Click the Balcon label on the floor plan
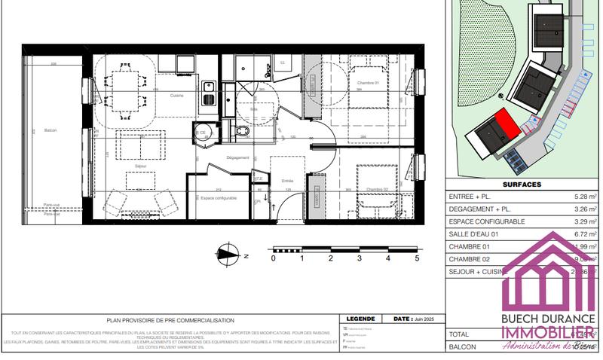pyautogui.click(x=51, y=130)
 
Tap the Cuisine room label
pyautogui.click(x=177, y=96)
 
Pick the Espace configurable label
pyautogui.click(x=219, y=197)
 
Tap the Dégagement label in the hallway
pyautogui.click(x=237, y=157)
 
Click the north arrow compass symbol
pyautogui.click(x=225, y=254)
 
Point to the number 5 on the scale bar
pyautogui.click(x=416, y=258)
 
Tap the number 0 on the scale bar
pyautogui.click(x=273, y=258)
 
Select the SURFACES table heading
pyautogui.click(x=522, y=182)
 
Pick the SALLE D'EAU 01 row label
pyautogui.click(x=479, y=234)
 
